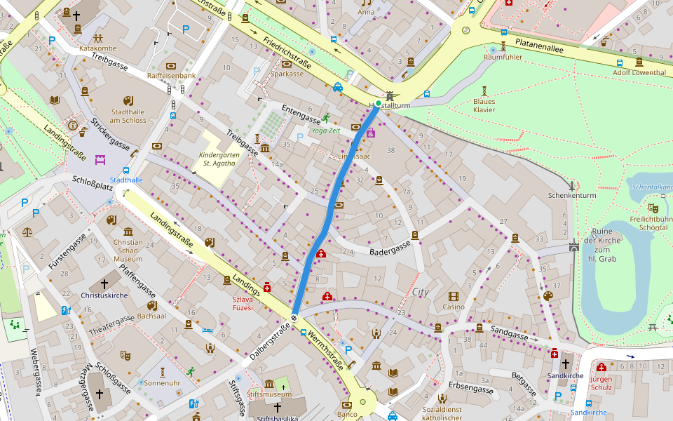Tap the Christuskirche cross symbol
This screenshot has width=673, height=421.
tap(104, 283)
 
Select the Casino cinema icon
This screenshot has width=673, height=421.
tap(454, 296)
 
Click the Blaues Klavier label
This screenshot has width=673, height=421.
tap(484, 105)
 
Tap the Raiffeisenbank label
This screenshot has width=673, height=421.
tap(171, 75)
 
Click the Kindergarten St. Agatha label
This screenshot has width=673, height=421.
tap(219, 159)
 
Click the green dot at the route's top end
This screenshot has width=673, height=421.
tap(379, 104)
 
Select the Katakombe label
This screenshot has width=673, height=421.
tap(97, 48)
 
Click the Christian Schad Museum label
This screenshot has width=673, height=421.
tap(128, 250)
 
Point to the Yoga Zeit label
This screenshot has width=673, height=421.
tap(325, 131)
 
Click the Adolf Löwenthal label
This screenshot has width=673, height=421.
tap(639, 72)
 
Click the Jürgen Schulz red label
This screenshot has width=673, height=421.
tap(601, 383)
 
